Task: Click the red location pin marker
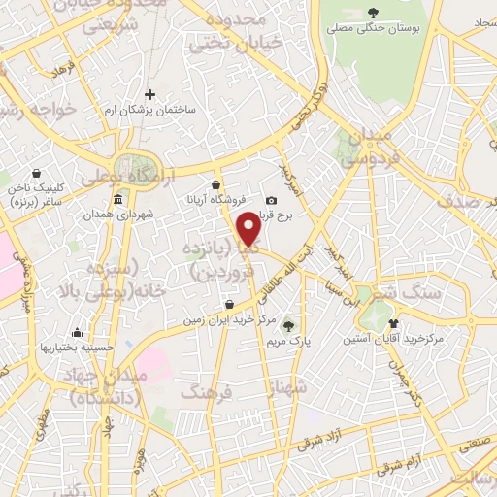(x=249, y=228)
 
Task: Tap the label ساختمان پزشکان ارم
(x=151, y=109)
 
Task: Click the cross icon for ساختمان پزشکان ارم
(x=149, y=95)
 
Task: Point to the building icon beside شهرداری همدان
(x=117, y=200)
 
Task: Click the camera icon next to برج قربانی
(x=271, y=201)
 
